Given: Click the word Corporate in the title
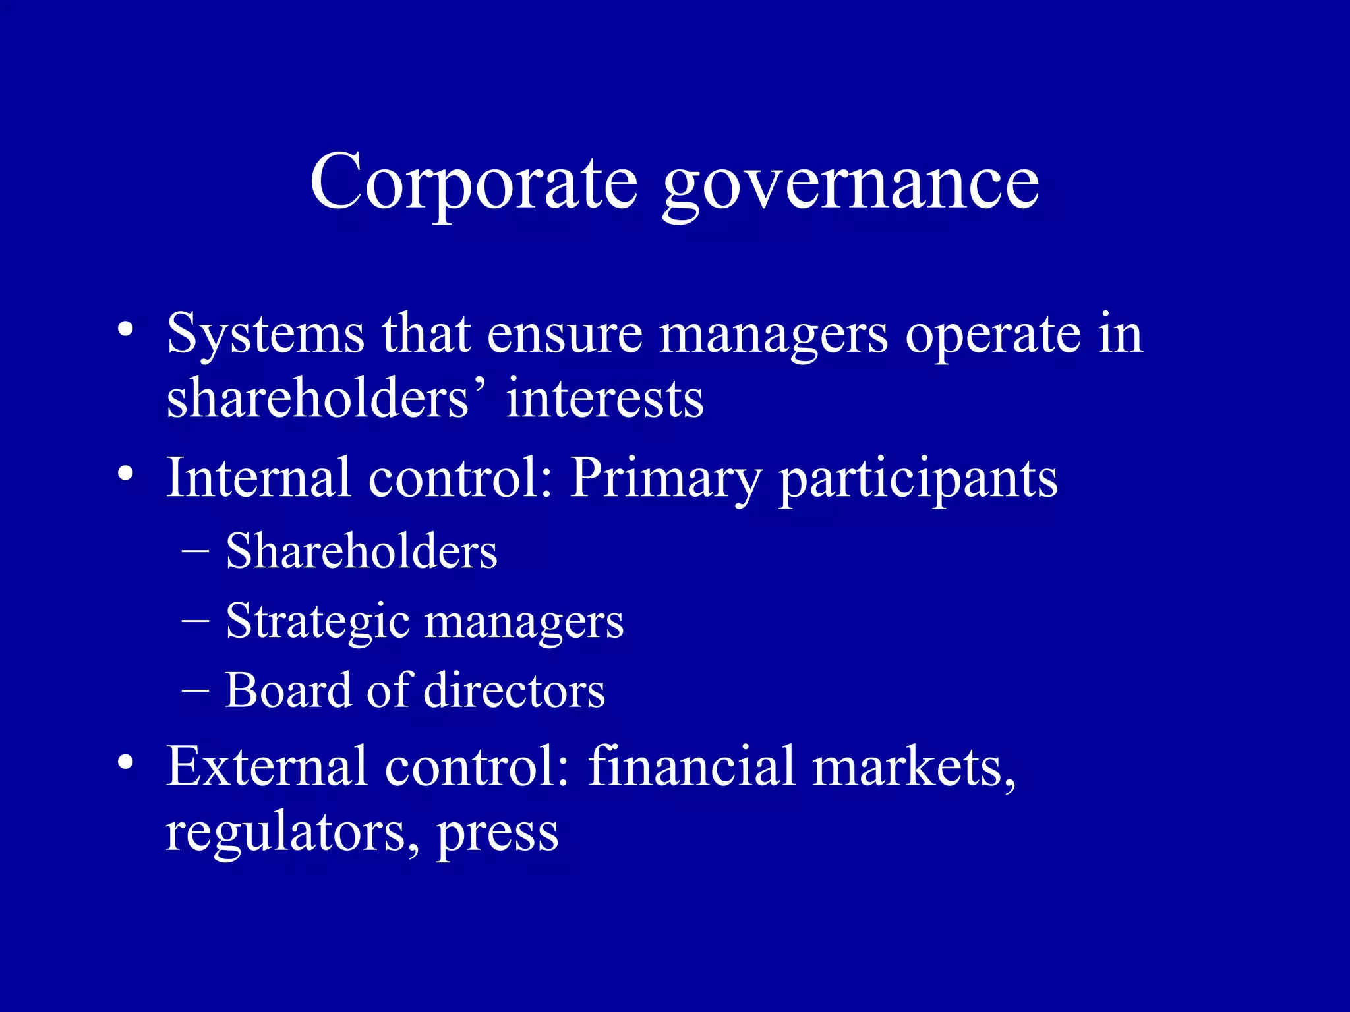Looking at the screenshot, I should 474,182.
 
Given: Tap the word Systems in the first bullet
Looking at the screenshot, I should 266,334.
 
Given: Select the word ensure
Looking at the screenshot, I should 564,334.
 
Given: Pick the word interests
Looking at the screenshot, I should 604,399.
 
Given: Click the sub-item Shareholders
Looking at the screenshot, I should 361,551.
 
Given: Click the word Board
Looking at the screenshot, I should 288,690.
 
